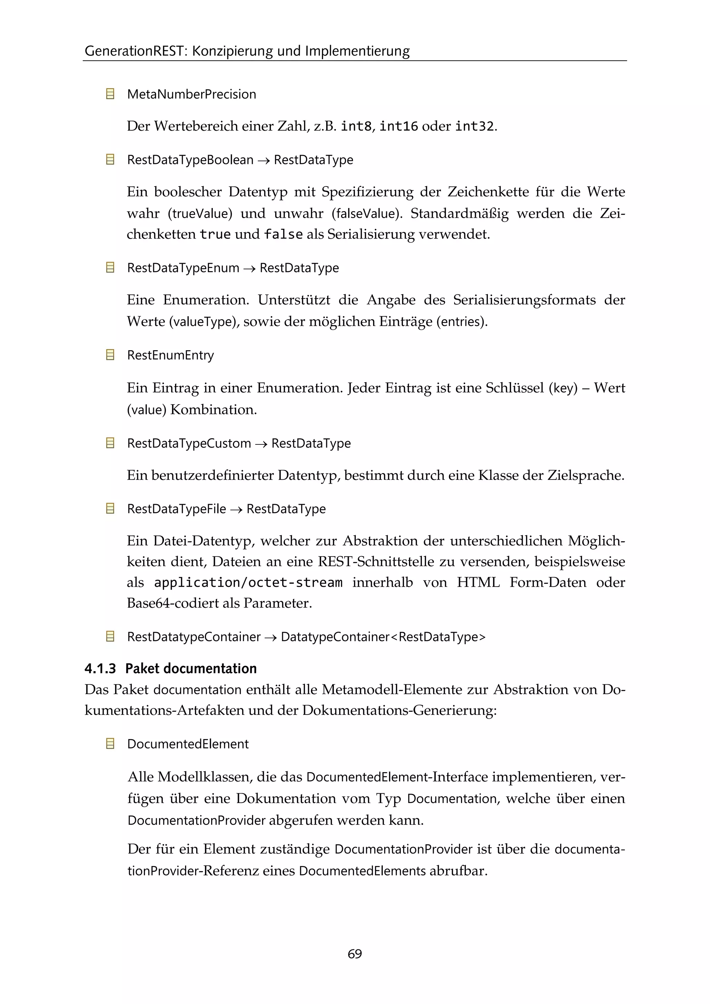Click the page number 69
tap(355, 953)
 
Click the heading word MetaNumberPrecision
tap(191, 94)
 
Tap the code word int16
tap(398, 127)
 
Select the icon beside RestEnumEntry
tap(110, 355)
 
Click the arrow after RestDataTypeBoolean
tap(263, 161)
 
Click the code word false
tap(283, 234)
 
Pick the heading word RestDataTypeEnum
tap(183, 268)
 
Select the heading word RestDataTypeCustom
tap(189, 443)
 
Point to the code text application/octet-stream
tap(248, 582)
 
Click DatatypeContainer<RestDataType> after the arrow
tap(383, 637)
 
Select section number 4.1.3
tap(100, 669)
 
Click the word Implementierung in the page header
tap(357, 51)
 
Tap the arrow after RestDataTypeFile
tap(236, 509)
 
